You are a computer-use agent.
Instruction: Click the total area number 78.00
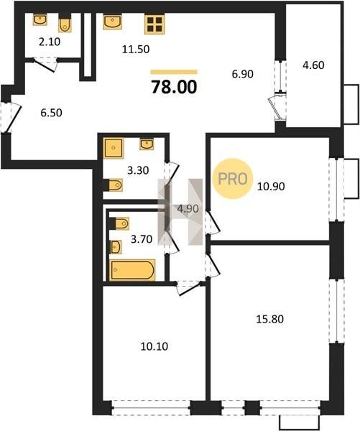coord(174,87)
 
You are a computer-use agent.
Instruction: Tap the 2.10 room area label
coord(50,42)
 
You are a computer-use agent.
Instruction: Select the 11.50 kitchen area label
coord(136,49)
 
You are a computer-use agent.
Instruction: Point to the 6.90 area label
coord(243,74)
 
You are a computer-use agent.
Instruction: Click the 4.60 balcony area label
coord(313,65)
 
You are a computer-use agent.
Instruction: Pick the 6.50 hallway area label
coord(52,113)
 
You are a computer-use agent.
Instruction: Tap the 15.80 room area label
coord(269,319)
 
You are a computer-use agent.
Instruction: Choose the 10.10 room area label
coord(154,346)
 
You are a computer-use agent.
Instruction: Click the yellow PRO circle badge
coord(232,179)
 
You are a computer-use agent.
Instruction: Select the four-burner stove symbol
coord(154,24)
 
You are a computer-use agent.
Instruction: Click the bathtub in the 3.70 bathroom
coord(132,270)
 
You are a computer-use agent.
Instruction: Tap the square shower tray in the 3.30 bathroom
coord(114,148)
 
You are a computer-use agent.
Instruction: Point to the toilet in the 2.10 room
coord(65,25)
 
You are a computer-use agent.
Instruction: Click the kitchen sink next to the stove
coord(112,22)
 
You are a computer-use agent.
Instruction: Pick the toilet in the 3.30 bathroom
coord(115,185)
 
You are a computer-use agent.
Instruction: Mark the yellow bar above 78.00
coord(174,72)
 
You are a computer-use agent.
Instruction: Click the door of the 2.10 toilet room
coord(45,65)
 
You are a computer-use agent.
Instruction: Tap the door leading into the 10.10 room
coord(190,289)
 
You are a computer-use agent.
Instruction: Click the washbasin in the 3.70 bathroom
coord(116,247)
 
